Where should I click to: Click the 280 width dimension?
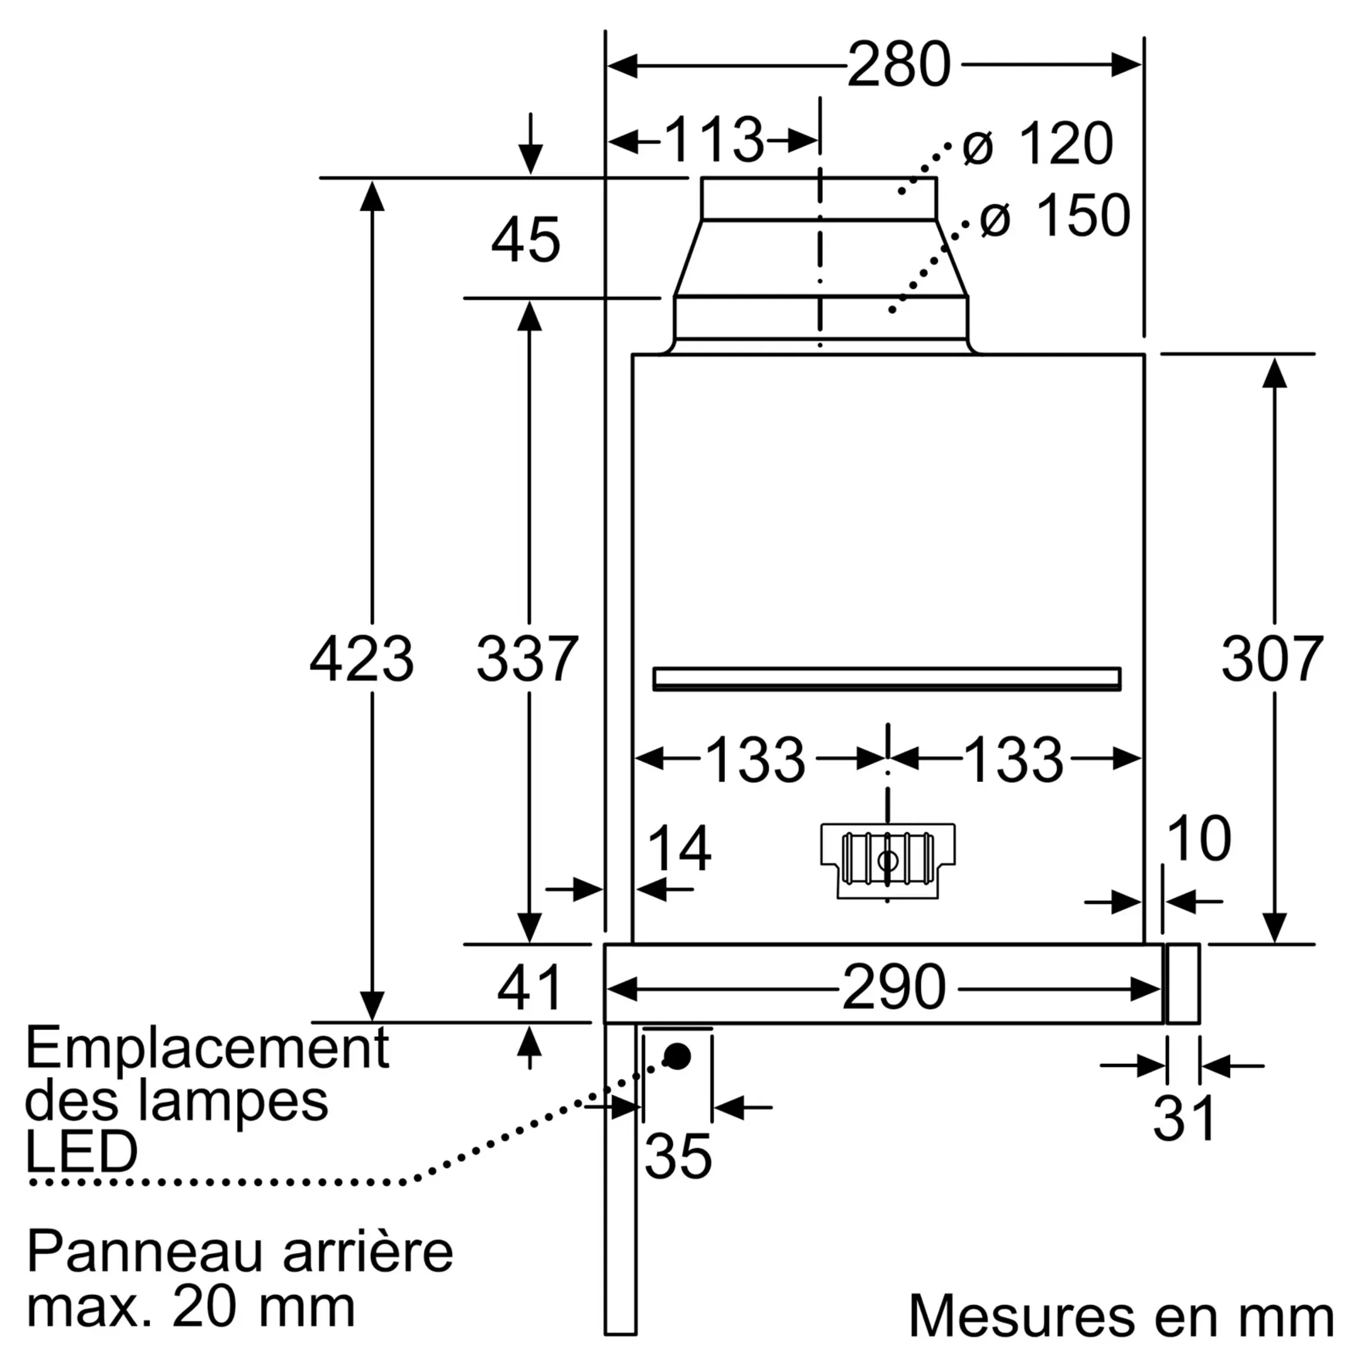tap(898, 65)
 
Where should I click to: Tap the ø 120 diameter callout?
tap(1037, 144)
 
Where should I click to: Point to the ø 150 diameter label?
tap(1054, 215)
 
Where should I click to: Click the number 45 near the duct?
tap(525, 240)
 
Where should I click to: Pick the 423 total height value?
tap(362, 659)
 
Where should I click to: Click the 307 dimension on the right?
tap(1272, 659)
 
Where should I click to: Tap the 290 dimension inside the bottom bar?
tap(893, 988)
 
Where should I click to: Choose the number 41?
tap(529, 988)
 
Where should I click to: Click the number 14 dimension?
tap(678, 849)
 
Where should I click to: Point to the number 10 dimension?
tap(1198, 839)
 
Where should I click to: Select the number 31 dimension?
tap(1184, 1118)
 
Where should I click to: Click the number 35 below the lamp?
tap(678, 1156)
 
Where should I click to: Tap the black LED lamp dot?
tap(678, 1056)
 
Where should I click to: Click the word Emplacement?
tap(208, 1049)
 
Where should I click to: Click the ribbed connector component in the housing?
tap(888, 860)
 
